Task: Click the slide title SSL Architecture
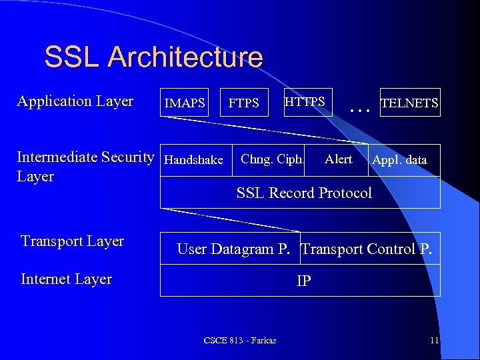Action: (153, 57)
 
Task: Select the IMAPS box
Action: (185, 103)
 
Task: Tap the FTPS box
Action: (244, 103)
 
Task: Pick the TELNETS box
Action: (409, 103)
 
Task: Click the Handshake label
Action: (193, 160)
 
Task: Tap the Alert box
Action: (338, 159)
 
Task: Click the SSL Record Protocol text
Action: (304, 193)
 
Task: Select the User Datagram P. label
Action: (233, 249)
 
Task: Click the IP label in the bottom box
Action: (303, 281)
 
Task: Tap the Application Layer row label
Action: (75, 101)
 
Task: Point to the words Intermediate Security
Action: (85, 157)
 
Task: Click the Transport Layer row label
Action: (72, 241)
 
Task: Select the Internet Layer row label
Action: (66, 279)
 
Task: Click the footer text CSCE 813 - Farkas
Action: (240, 341)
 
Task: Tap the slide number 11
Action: (434, 341)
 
